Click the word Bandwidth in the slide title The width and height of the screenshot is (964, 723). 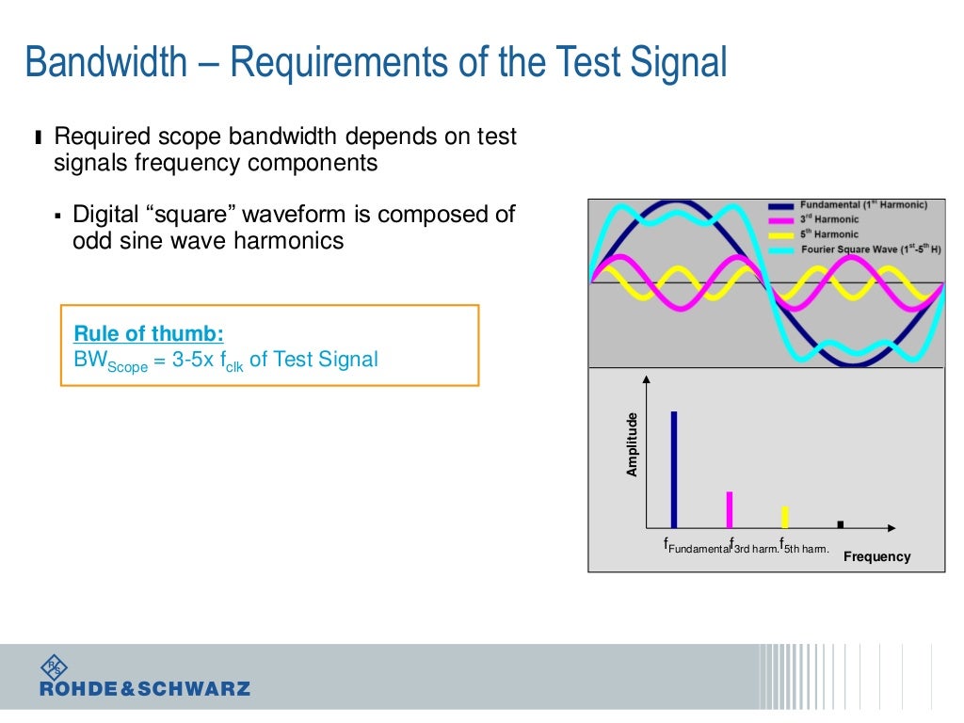pyautogui.click(x=105, y=63)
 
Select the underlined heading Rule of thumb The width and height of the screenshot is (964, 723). pyautogui.click(x=149, y=334)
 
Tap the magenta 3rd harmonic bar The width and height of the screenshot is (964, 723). pyautogui.click(x=729, y=509)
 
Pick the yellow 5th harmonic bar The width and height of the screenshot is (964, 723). pyautogui.click(x=784, y=517)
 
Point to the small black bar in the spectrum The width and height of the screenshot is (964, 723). pyautogui.click(x=840, y=524)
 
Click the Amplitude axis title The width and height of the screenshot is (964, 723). pyautogui.click(x=633, y=444)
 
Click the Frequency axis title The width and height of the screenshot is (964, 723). pyautogui.click(x=876, y=556)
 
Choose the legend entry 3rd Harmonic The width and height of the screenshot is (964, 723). pyautogui.click(x=829, y=219)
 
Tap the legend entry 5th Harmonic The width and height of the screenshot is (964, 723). pyautogui.click(x=829, y=234)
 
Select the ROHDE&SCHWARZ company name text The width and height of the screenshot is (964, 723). pyautogui.click(x=145, y=689)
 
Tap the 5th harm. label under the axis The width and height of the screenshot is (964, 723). pyautogui.click(x=805, y=547)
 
